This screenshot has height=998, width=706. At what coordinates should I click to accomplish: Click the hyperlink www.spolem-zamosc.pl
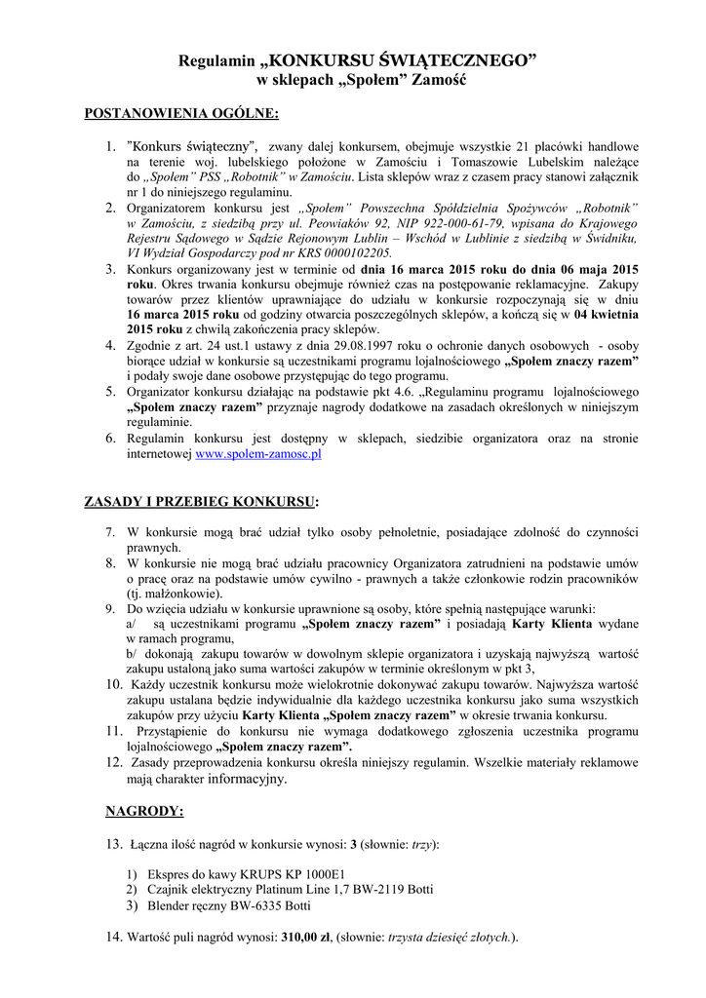coord(258,454)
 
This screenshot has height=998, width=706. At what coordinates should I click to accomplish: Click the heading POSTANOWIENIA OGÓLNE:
coord(182,114)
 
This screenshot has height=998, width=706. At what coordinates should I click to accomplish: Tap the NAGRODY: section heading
coord(143,810)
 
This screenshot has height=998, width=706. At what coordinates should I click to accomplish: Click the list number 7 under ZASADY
coord(110,532)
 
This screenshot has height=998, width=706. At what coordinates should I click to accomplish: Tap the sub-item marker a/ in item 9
coord(133,623)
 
